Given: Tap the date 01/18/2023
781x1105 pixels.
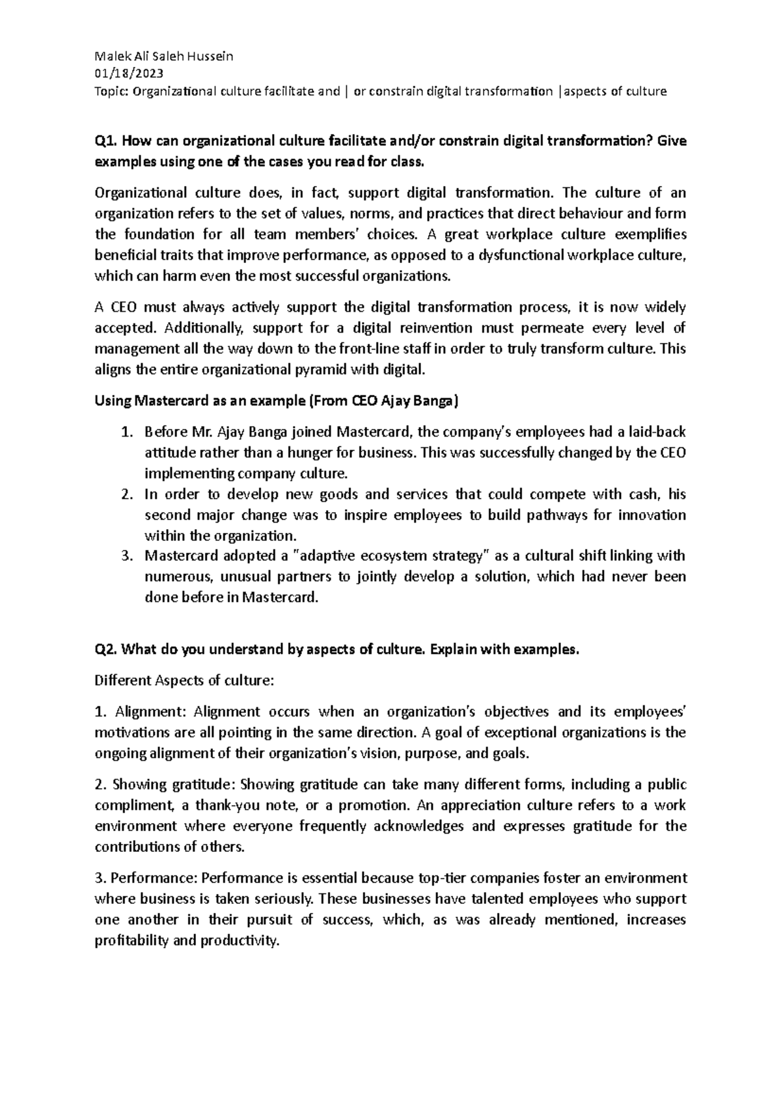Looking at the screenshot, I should [129, 74].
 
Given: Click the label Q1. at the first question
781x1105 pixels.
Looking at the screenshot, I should [106, 141].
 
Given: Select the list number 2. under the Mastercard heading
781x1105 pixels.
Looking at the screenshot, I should [128, 495].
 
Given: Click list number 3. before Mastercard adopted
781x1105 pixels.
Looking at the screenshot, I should [128, 556].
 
